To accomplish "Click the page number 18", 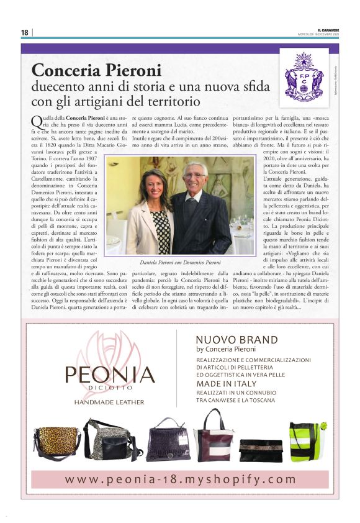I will coord(25,32).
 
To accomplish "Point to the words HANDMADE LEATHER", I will coord(109,402).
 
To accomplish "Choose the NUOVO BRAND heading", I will coord(236,340).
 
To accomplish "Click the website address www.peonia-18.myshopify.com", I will coord(180,479).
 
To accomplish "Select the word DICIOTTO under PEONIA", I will coord(111,390).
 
